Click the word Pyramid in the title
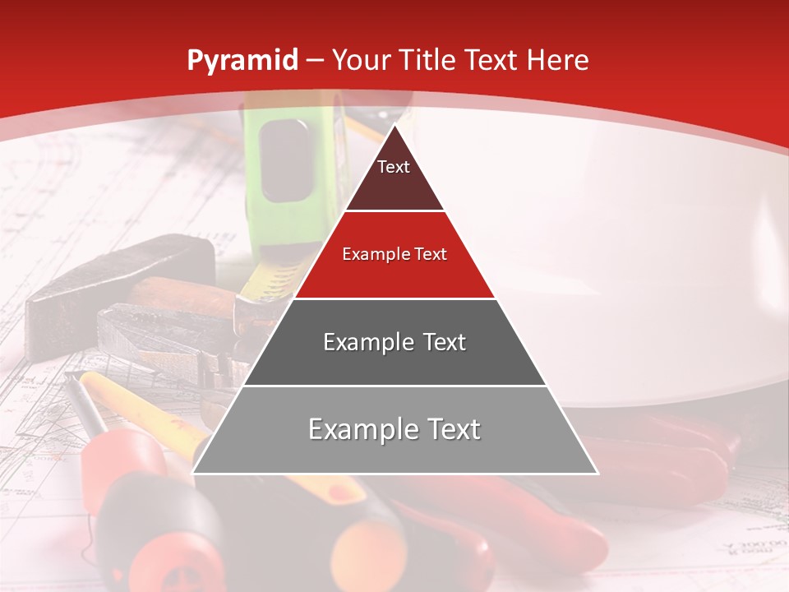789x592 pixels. tap(242, 61)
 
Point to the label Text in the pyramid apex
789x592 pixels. tap(394, 167)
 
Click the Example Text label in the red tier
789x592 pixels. tap(394, 254)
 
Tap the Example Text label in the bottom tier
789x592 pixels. tap(394, 429)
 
